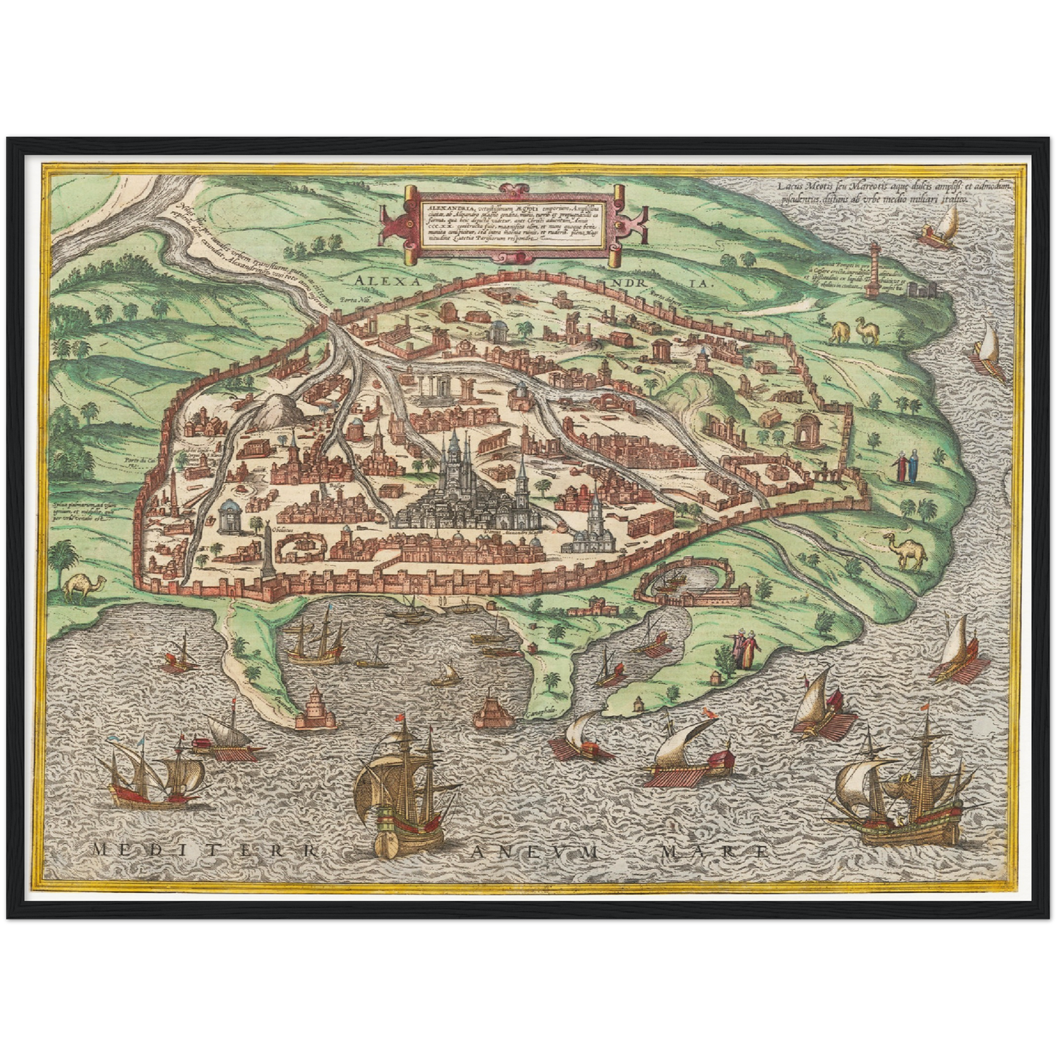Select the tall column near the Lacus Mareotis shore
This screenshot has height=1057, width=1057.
tap(871, 270)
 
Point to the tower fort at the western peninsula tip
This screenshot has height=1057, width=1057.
tap(315, 706)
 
